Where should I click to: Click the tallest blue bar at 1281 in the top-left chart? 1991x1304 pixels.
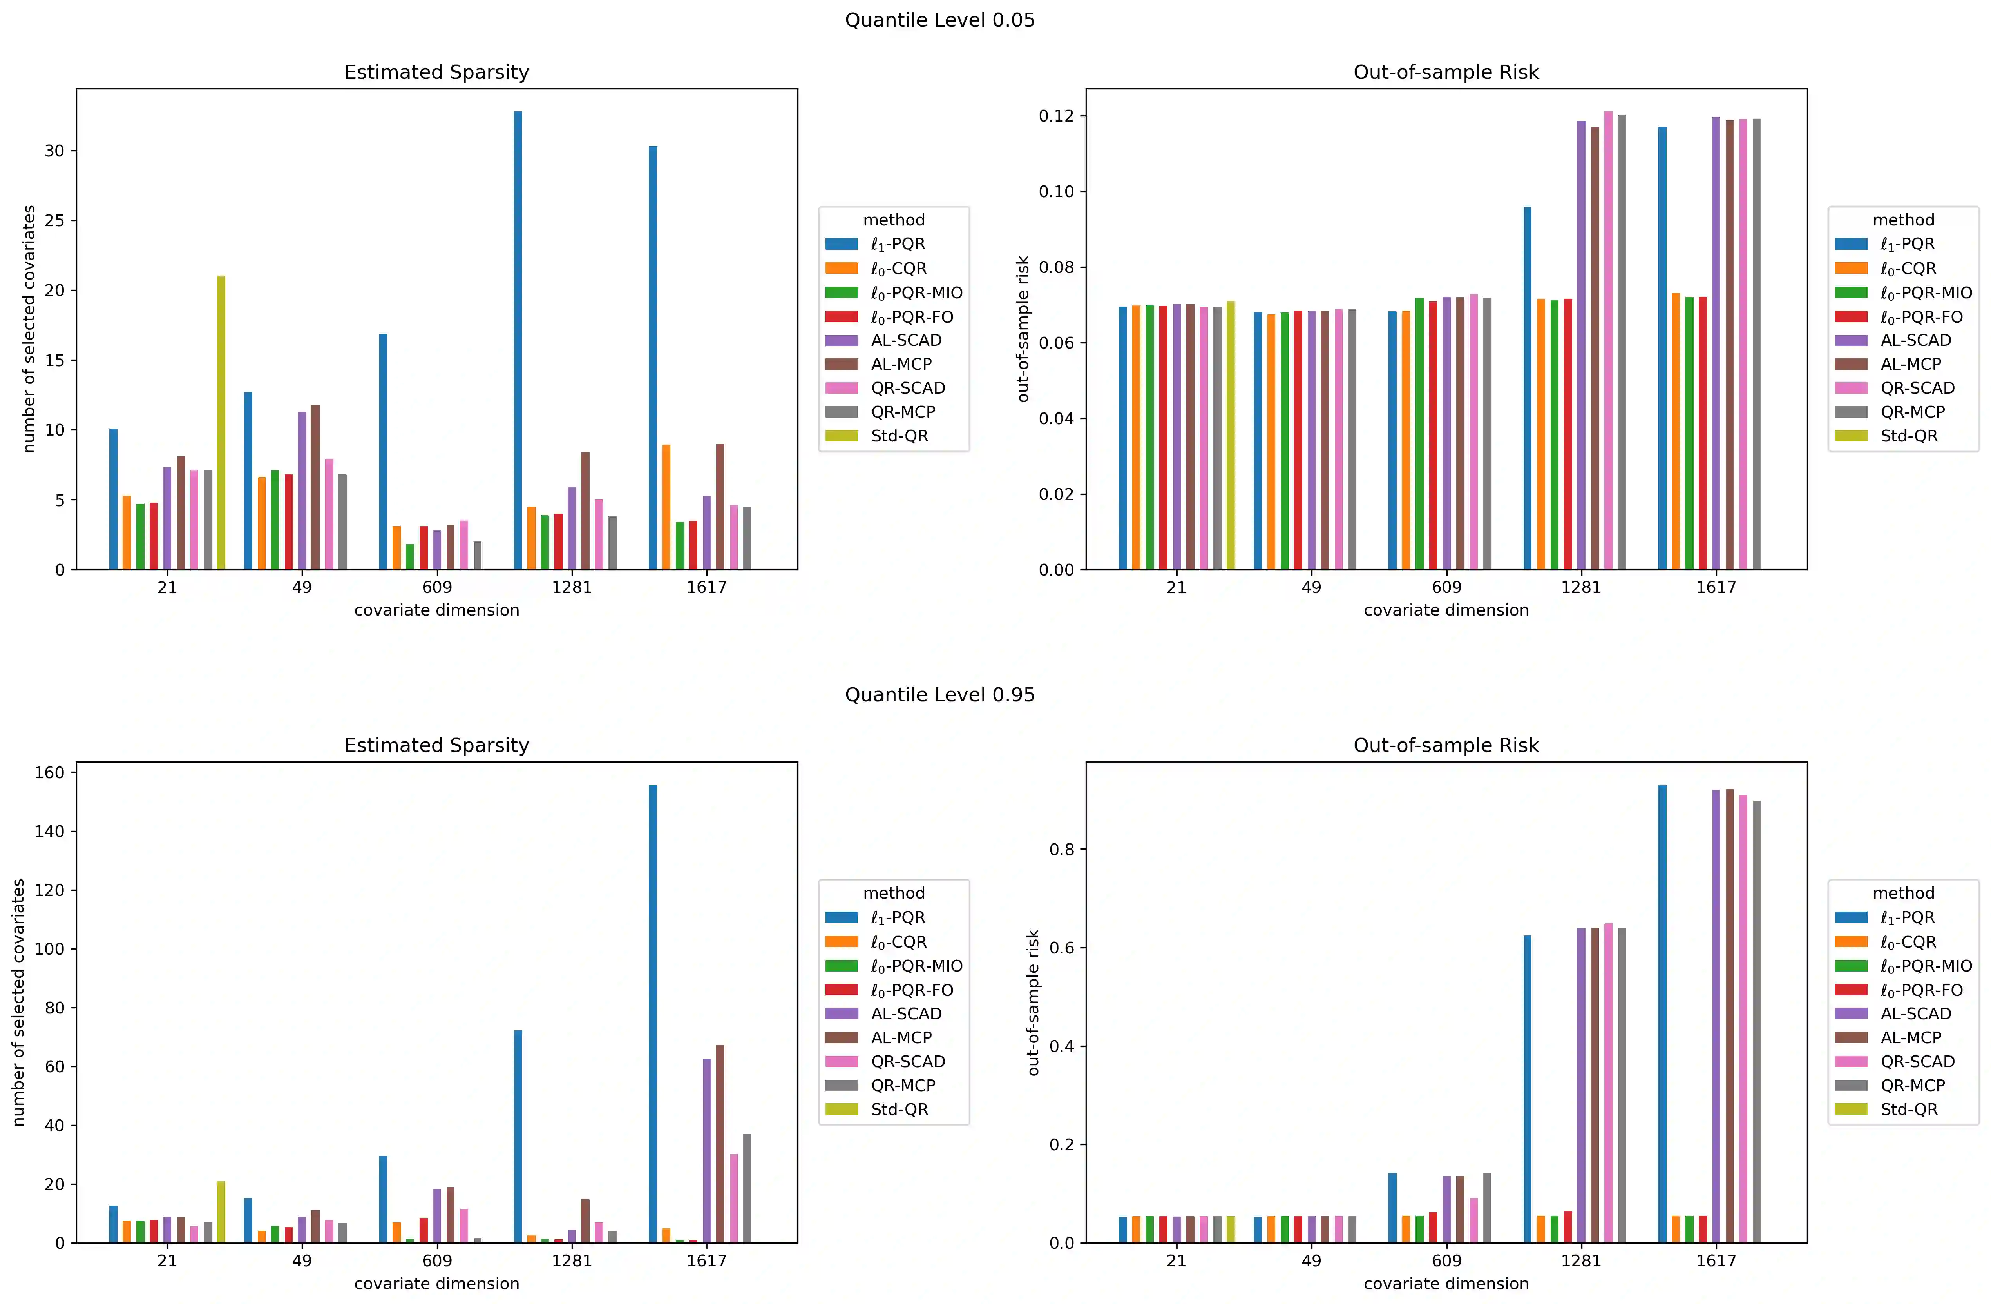pos(518,341)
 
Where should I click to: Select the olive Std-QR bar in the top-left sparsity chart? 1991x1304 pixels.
pos(221,423)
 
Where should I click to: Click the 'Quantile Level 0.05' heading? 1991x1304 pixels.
pos(939,20)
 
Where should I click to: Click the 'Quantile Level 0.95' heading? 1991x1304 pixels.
pos(939,695)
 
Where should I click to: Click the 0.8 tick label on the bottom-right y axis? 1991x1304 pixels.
pos(1061,850)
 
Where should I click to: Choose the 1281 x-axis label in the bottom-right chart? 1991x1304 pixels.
pos(1580,1260)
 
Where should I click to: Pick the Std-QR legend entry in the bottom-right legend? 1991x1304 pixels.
pos(1908,1109)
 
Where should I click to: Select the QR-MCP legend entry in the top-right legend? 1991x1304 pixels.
pos(1912,412)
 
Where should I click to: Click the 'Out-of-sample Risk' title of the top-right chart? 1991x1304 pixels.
pos(1446,72)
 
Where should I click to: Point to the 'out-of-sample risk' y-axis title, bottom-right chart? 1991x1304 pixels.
pos(1033,1002)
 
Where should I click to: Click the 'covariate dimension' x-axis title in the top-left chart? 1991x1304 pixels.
pos(437,610)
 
